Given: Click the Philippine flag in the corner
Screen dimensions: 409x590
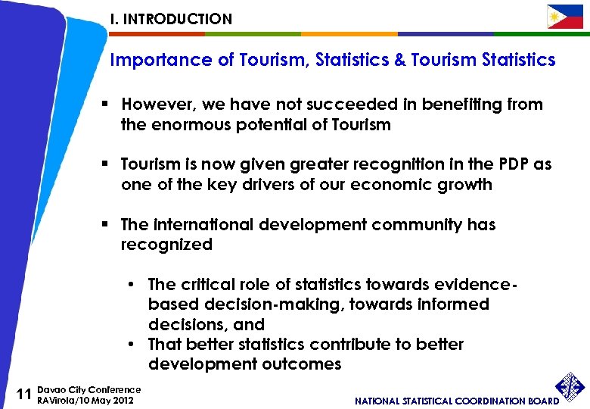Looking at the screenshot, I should point(565,17).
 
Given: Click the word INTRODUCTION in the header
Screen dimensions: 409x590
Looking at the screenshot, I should point(178,19).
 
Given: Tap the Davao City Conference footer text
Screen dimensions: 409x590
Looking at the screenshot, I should point(88,389).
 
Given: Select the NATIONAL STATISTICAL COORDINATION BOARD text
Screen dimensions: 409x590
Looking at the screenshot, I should point(457,401).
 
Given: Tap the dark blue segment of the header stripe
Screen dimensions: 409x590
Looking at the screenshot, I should point(445,34).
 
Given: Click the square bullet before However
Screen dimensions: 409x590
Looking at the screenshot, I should point(110,105).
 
